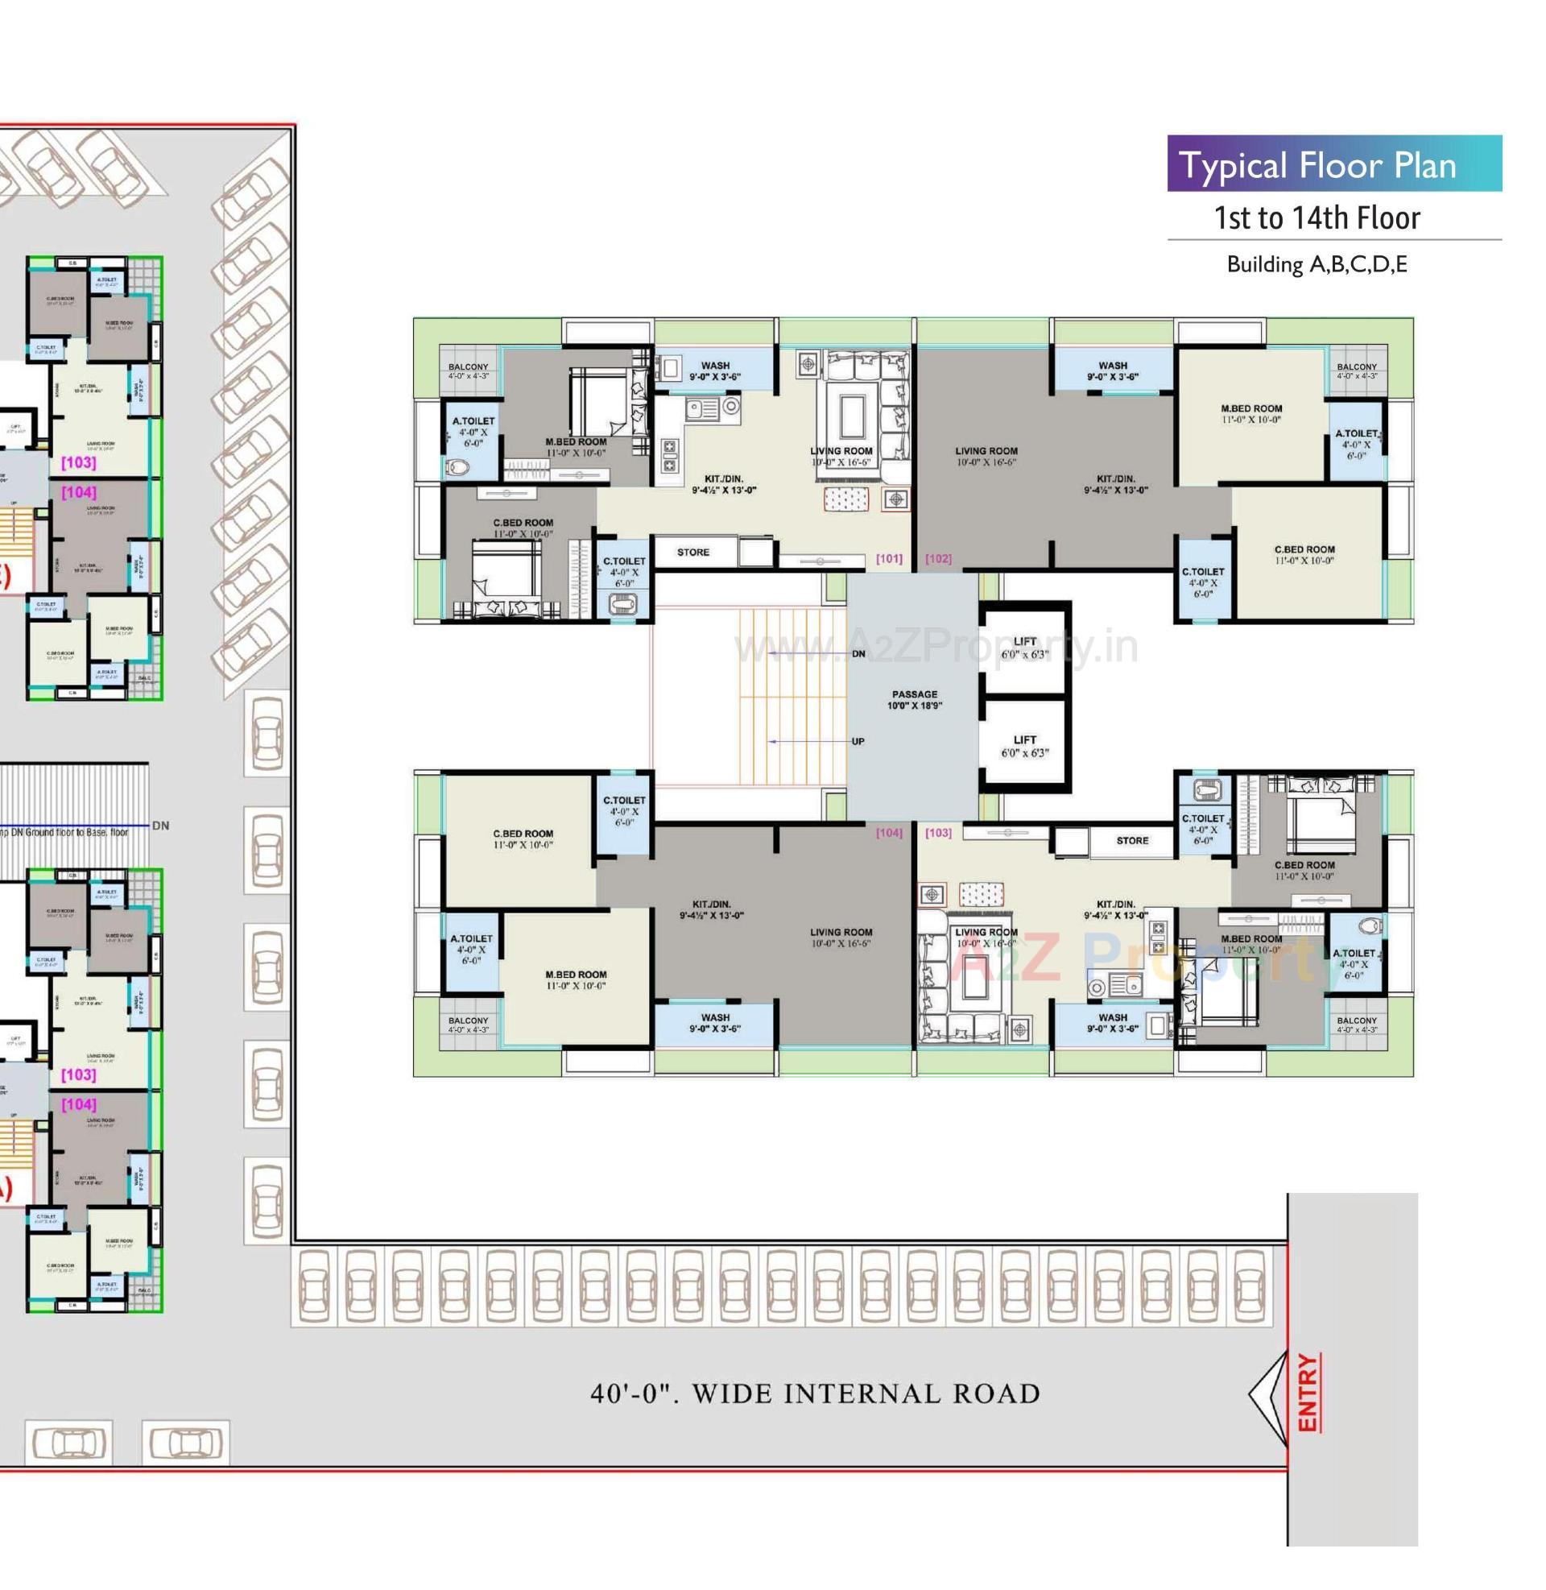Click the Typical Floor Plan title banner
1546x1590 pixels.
point(1333,165)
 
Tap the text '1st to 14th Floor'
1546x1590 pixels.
point(1317,218)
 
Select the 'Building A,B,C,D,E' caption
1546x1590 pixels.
point(1317,264)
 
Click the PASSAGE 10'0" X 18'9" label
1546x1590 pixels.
point(914,700)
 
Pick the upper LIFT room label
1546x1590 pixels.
point(1024,648)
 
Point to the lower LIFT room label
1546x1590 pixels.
point(1024,747)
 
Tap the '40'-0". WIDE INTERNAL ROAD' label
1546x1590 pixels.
point(814,1393)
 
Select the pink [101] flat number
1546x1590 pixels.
point(888,559)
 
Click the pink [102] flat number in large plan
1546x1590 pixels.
point(938,559)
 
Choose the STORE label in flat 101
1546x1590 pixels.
point(692,553)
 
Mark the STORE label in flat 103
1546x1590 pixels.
point(1132,840)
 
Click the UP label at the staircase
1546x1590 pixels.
point(858,741)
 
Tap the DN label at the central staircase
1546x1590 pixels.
point(858,654)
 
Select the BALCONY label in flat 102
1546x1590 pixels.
point(1357,371)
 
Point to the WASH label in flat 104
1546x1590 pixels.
point(714,1022)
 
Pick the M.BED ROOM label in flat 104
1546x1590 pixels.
point(576,979)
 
